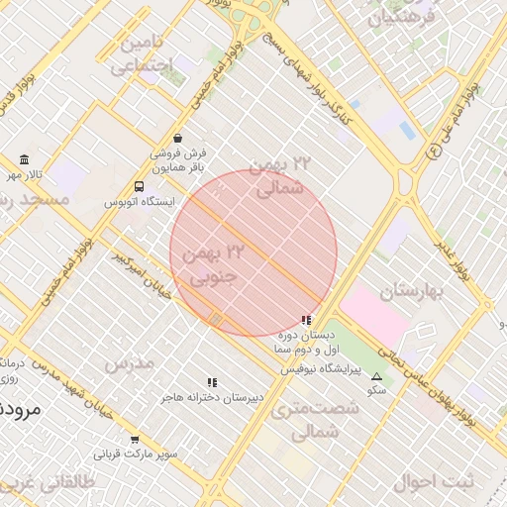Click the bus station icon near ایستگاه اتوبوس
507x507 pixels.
pyautogui.click(x=139, y=186)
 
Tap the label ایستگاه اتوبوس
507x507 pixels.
pyautogui.click(x=140, y=202)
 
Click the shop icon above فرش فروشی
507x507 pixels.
pyautogui.click(x=177, y=138)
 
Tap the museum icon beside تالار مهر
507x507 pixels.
pyautogui.click(x=24, y=160)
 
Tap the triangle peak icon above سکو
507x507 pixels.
pyautogui.click(x=376, y=376)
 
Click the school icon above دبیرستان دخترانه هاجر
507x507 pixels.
pyautogui.click(x=212, y=382)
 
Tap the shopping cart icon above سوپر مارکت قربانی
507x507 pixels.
pyautogui.click(x=136, y=440)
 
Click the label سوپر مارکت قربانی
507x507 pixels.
pyautogui.click(x=136, y=455)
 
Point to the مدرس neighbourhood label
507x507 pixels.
pyautogui.click(x=130, y=363)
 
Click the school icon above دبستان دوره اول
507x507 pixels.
pyautogui.click(x=306, y=320)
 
